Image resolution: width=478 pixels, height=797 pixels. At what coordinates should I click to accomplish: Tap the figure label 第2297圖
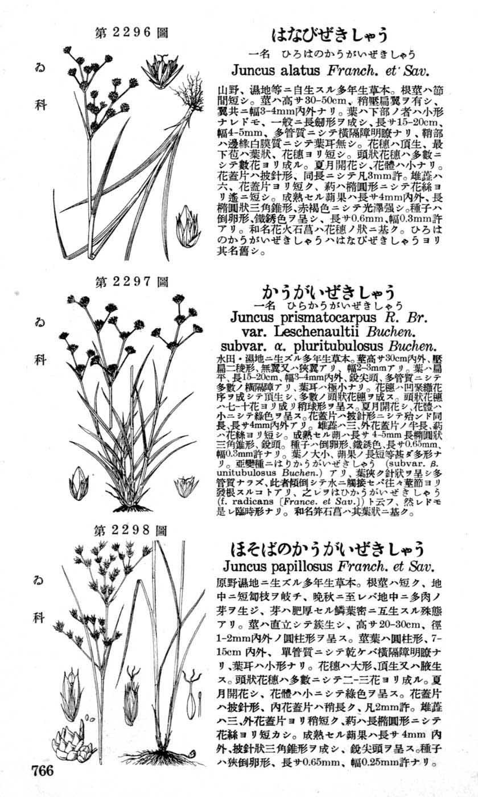coord(131,281)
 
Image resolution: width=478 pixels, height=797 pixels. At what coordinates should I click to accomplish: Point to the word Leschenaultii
coord(318,332)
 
